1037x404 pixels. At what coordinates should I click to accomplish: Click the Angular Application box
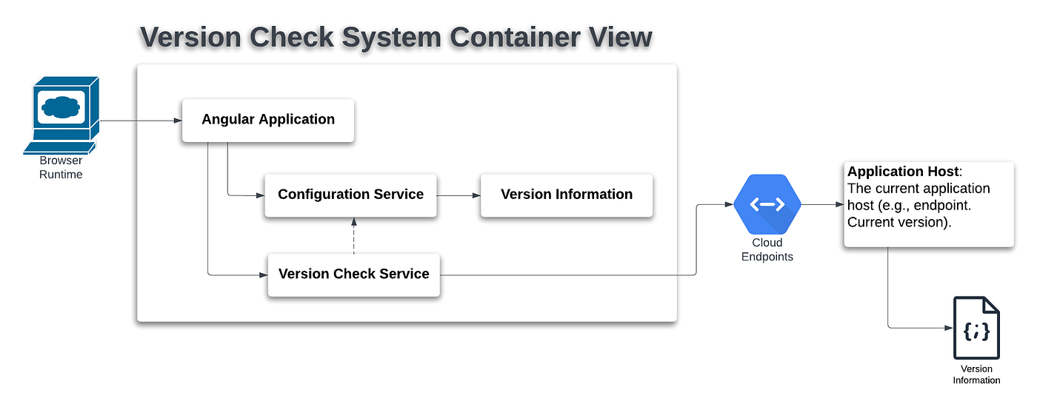268,120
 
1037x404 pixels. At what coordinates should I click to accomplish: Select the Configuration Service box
350,195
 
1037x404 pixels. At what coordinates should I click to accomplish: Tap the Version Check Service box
354,275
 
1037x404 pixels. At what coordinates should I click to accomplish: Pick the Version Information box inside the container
567,195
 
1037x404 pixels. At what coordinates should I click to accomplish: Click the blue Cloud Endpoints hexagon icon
767,204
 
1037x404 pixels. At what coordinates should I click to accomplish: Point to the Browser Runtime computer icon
61,115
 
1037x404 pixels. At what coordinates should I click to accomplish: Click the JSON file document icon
976,328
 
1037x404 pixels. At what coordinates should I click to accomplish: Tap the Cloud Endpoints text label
767,249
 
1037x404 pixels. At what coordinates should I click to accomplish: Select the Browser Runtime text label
61,167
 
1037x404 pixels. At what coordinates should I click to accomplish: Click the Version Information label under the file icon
976,374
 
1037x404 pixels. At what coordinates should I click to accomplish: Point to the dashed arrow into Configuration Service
354,236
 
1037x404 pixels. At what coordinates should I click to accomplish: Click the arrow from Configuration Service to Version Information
459,195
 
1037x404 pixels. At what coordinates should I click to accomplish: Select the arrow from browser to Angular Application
141,121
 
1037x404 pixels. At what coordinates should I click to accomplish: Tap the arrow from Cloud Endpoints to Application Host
823,204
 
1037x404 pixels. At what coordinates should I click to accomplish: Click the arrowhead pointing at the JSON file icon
949,328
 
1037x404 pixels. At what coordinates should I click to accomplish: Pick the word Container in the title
514,37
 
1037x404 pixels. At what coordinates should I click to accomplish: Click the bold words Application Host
903,172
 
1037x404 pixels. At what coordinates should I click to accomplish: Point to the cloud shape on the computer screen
61,107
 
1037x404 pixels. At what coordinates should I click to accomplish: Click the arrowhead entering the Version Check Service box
264,275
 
